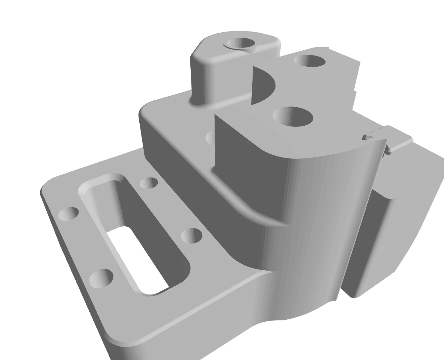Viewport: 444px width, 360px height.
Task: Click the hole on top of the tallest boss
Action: [x=243, y=43]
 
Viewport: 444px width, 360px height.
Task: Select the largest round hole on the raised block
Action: [x=293, y=116]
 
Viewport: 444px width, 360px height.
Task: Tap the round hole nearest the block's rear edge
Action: [x=310, y=61]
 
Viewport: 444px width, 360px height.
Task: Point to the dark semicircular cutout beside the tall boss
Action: [x=262, y=84]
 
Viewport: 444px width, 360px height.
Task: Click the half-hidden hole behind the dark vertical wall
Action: [x=210, y=138]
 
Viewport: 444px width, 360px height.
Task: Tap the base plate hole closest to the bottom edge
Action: [x=101, y=278]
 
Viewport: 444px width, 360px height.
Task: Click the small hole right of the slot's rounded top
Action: [x=148, y=183]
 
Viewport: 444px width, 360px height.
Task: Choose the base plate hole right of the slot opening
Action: [x=191, y=236]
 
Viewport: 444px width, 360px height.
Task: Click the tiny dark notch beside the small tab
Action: [x=368, y=137]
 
